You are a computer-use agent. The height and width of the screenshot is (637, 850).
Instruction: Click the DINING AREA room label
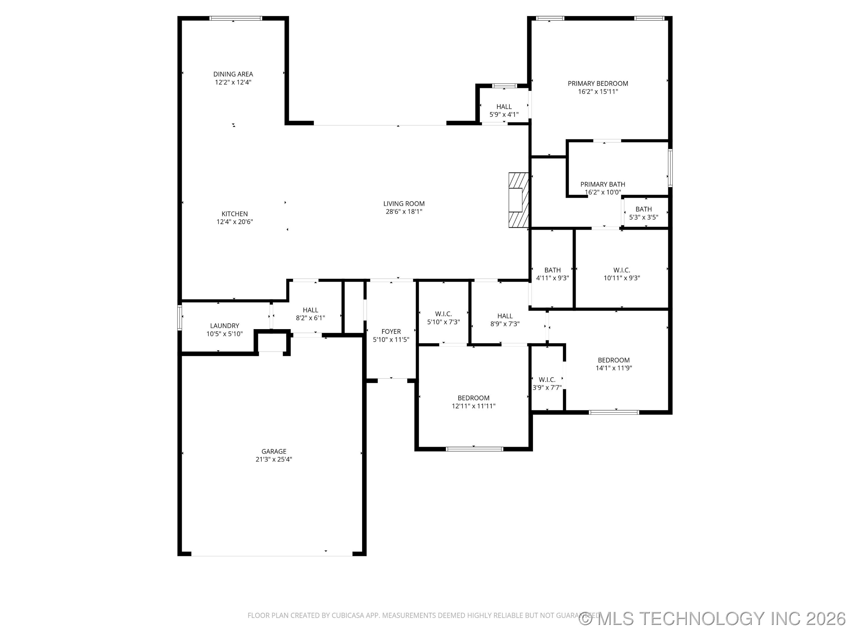click(x=233, y=74)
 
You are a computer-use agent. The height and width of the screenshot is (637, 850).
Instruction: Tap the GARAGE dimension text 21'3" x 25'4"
click(x=274, y=459)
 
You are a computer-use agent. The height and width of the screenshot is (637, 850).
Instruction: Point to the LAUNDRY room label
click(x=224, y=326)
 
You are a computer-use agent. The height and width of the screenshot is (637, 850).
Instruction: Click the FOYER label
click(x=391, y=331)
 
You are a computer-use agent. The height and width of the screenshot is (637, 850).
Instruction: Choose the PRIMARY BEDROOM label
click(x=598, y=83)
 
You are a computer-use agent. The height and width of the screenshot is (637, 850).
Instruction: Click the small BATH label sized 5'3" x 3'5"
click(x=643, y=209)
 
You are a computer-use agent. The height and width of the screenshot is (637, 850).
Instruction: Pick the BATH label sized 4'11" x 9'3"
click(x=552, y=270)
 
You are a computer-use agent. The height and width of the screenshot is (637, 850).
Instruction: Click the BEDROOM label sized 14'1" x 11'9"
click(x=613, y=360)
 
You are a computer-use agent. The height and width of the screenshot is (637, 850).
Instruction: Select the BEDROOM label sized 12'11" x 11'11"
click(x=473, y=398)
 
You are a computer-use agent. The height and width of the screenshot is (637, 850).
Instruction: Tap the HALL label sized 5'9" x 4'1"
click(x=504, y=107)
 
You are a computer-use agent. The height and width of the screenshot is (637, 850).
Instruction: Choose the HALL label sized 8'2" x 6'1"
click(x=310, y=310)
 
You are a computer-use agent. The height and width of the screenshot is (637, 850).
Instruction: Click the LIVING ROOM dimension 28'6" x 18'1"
click(x=403, y=211)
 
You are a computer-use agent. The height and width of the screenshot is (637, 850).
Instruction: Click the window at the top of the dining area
click(x=236, y=18)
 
